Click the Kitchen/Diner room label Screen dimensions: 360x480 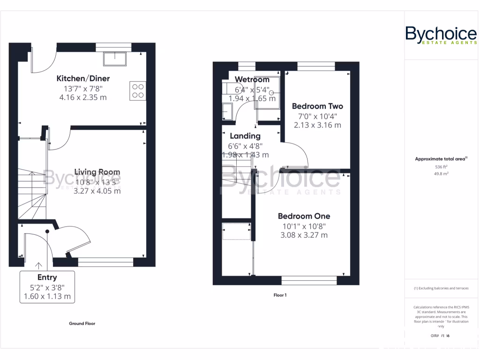pyautogui.click(x=83, y=78)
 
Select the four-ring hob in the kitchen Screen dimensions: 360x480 pyautogui.click(x=137, y=90)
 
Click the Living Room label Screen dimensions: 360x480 pyautogui.click(x=97, y=172)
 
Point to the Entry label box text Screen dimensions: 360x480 pyautogui.click(x=47, y=277)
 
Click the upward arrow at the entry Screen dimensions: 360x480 pyautogui.click(x=38, y=266)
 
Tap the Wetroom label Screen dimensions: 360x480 pyautogui.click(x=252, y=79)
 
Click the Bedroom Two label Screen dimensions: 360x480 pyautogui.click(x=317, y=106)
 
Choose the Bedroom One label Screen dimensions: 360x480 pyautogui.click(x=304, y=216)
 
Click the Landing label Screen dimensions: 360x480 pyautogui.click(x=245, y=136)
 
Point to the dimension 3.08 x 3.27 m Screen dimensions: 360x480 pyautogui.click(x=304, y=235)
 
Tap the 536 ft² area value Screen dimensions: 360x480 pyautogui.click(x=441, y=166)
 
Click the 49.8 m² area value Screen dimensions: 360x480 pyautogui.click(x=441, y=173)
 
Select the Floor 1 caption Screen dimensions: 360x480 pyautogui.click(x=280, y=295)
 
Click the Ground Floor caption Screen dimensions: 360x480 pyautogui.click(x=82, y=323)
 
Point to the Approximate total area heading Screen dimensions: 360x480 pyautogui.click(x=441, y=159)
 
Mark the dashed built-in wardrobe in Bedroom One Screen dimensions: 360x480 pyautogui.click(x=237, y=232)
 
